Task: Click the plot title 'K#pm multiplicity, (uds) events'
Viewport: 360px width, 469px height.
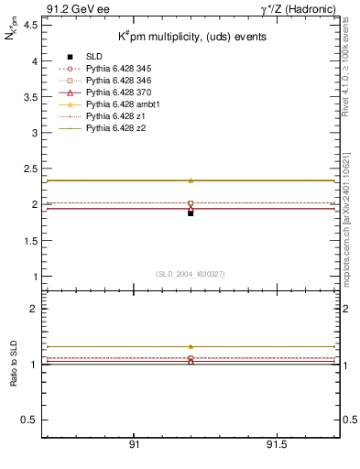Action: pos(191,37)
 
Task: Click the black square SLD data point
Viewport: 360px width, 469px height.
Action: pos(191,213)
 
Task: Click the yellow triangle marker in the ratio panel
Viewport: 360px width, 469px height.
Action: pos(191,347)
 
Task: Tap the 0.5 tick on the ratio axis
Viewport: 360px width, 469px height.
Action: pos(32,420)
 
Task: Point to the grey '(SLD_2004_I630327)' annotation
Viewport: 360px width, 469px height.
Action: pos(191,273)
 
